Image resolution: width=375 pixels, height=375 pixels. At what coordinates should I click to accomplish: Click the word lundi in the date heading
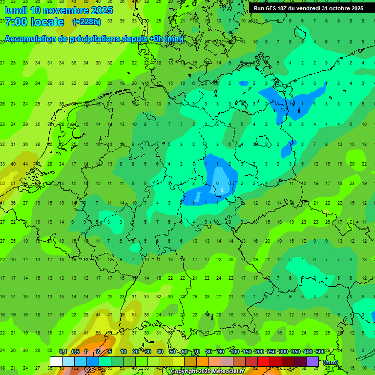point(16,10)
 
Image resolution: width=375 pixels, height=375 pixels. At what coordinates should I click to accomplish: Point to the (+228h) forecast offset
point(86,22)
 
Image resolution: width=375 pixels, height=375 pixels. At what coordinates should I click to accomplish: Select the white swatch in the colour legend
point(56,361)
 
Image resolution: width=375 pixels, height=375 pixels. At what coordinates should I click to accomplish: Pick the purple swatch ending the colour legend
point(312,361)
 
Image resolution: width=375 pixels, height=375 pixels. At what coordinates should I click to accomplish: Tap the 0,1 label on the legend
point(63,352)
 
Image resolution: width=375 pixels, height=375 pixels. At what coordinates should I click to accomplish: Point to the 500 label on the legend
point(320,352)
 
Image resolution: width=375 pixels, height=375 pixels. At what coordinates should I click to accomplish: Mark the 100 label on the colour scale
point(234,352)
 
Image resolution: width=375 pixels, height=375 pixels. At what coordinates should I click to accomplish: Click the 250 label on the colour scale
point(271,352)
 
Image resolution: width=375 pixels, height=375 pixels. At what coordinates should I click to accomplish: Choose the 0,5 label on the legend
point(75,352)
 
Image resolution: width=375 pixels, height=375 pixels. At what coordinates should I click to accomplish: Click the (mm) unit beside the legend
point(331,362)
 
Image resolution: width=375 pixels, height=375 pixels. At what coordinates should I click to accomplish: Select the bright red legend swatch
point(264,361)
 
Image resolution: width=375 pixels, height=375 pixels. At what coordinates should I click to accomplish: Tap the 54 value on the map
point(134,314)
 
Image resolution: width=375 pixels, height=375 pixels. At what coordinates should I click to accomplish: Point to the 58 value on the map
point(98,333)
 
